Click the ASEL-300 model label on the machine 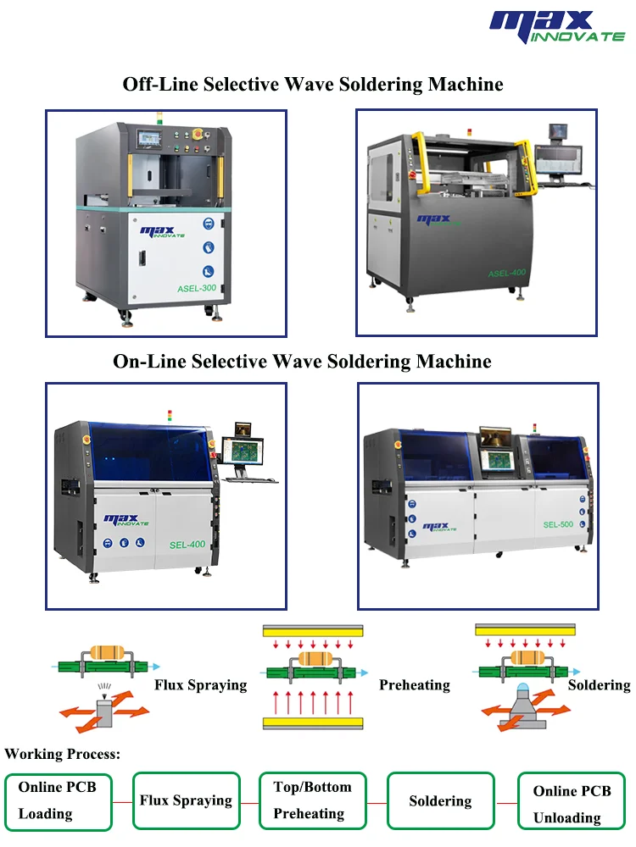coord(197,288)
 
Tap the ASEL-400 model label coord(508,274)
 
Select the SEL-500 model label coord(558,524)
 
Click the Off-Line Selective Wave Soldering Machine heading coord(313,84)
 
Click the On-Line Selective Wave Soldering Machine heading coord(302,361)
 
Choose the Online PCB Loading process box coord(58,800)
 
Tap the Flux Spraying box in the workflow coord(186,800)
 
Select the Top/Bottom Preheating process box coord(312,800)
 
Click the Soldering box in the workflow coord(440,800)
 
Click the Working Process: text coord(63,753)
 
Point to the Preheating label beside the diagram coord(414,684)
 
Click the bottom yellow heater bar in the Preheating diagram coord(314,722)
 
